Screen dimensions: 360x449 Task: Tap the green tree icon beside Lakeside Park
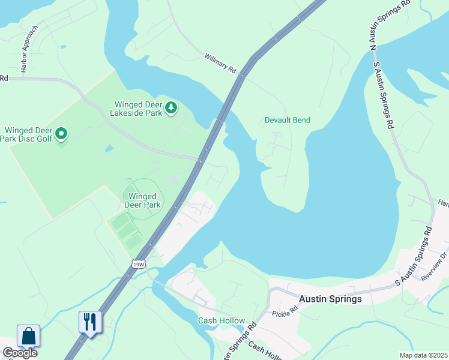(x=172, y=107)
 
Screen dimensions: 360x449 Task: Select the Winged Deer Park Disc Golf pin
(x=61, y=134)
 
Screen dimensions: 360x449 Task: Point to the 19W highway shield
(x=139, y=263)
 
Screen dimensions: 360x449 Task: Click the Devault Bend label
(x=288, y=120)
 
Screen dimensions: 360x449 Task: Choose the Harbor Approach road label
(x=29, y=49)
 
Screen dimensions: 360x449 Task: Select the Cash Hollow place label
(x=220, y=320)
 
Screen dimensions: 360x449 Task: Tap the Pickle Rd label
(x=285, y=314)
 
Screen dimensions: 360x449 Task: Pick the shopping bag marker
(x=28, y=335)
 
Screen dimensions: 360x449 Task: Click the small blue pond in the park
(x=109, y=148)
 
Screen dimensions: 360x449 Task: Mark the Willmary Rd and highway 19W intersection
(x=242, y=75)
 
